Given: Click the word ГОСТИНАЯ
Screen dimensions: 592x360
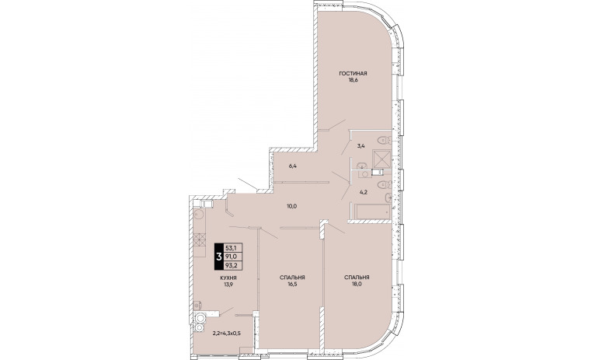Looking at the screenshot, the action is click(353, 74).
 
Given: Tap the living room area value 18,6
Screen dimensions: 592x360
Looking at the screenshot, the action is click(353, 80).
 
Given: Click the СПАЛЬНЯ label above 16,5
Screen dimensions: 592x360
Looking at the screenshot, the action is click(292, 278).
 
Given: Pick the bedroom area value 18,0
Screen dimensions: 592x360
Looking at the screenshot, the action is click(357, 285).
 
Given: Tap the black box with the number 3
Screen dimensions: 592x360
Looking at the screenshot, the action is click(218, 257).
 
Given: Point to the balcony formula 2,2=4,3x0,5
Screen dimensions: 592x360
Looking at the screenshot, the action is click(227, 334).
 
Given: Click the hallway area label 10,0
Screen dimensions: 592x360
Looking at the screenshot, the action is click(292, 206).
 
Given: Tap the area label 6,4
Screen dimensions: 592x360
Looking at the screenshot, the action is click(293, 166).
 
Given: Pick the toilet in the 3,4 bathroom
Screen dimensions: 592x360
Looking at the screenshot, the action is click(385, 140).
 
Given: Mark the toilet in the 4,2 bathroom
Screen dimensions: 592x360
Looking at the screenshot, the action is click(385, 184).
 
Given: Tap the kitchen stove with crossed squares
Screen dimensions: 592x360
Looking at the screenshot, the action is click(200, 239).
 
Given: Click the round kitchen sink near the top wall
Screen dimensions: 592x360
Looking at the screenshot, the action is click(199, 215).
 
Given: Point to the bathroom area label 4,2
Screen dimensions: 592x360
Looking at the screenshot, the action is click(364, 192).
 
